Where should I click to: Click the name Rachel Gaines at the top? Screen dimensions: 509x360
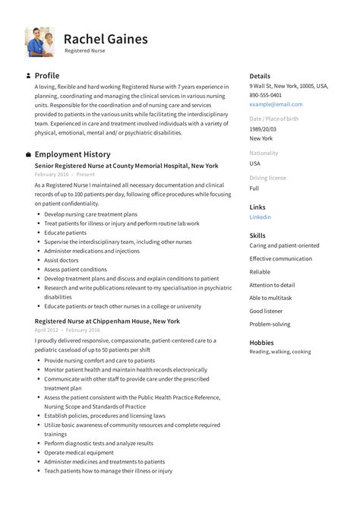106,38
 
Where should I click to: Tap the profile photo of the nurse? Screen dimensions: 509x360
39,42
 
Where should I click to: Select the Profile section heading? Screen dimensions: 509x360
47,76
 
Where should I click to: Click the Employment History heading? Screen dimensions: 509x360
73,153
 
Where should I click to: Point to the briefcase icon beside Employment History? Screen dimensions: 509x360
28,154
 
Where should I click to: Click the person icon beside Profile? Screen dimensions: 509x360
28,76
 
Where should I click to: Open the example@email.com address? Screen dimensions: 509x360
276,104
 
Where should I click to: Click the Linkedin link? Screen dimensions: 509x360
260,217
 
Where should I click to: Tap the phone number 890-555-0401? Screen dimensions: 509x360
265,95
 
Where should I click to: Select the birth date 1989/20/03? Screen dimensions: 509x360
263,129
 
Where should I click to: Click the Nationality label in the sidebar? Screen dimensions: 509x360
264,153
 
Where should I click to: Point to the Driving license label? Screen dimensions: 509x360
267,178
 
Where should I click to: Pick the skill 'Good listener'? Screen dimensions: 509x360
266,311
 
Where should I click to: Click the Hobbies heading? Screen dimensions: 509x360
262,343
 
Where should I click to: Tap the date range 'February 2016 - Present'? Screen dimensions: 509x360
65,174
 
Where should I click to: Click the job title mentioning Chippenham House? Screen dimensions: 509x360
107,321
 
